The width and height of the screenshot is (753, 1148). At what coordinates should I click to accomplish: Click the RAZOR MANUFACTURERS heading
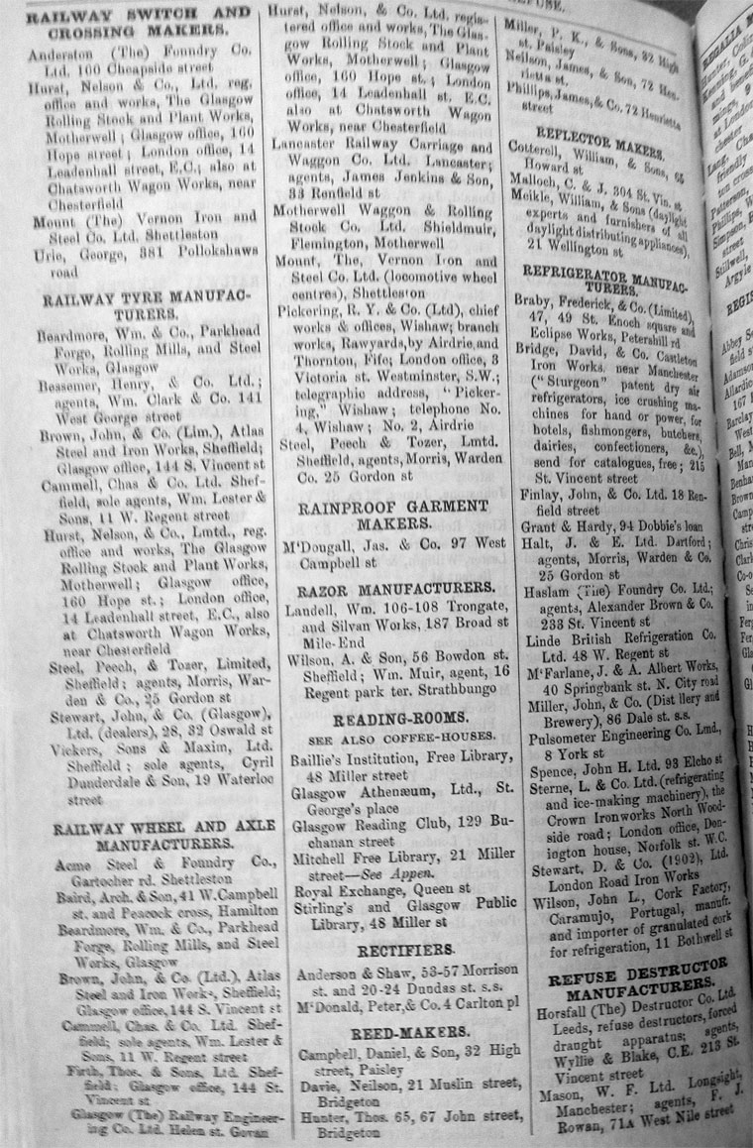click(382, 588)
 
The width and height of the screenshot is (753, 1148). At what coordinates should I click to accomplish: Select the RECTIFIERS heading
click(381, 949)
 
